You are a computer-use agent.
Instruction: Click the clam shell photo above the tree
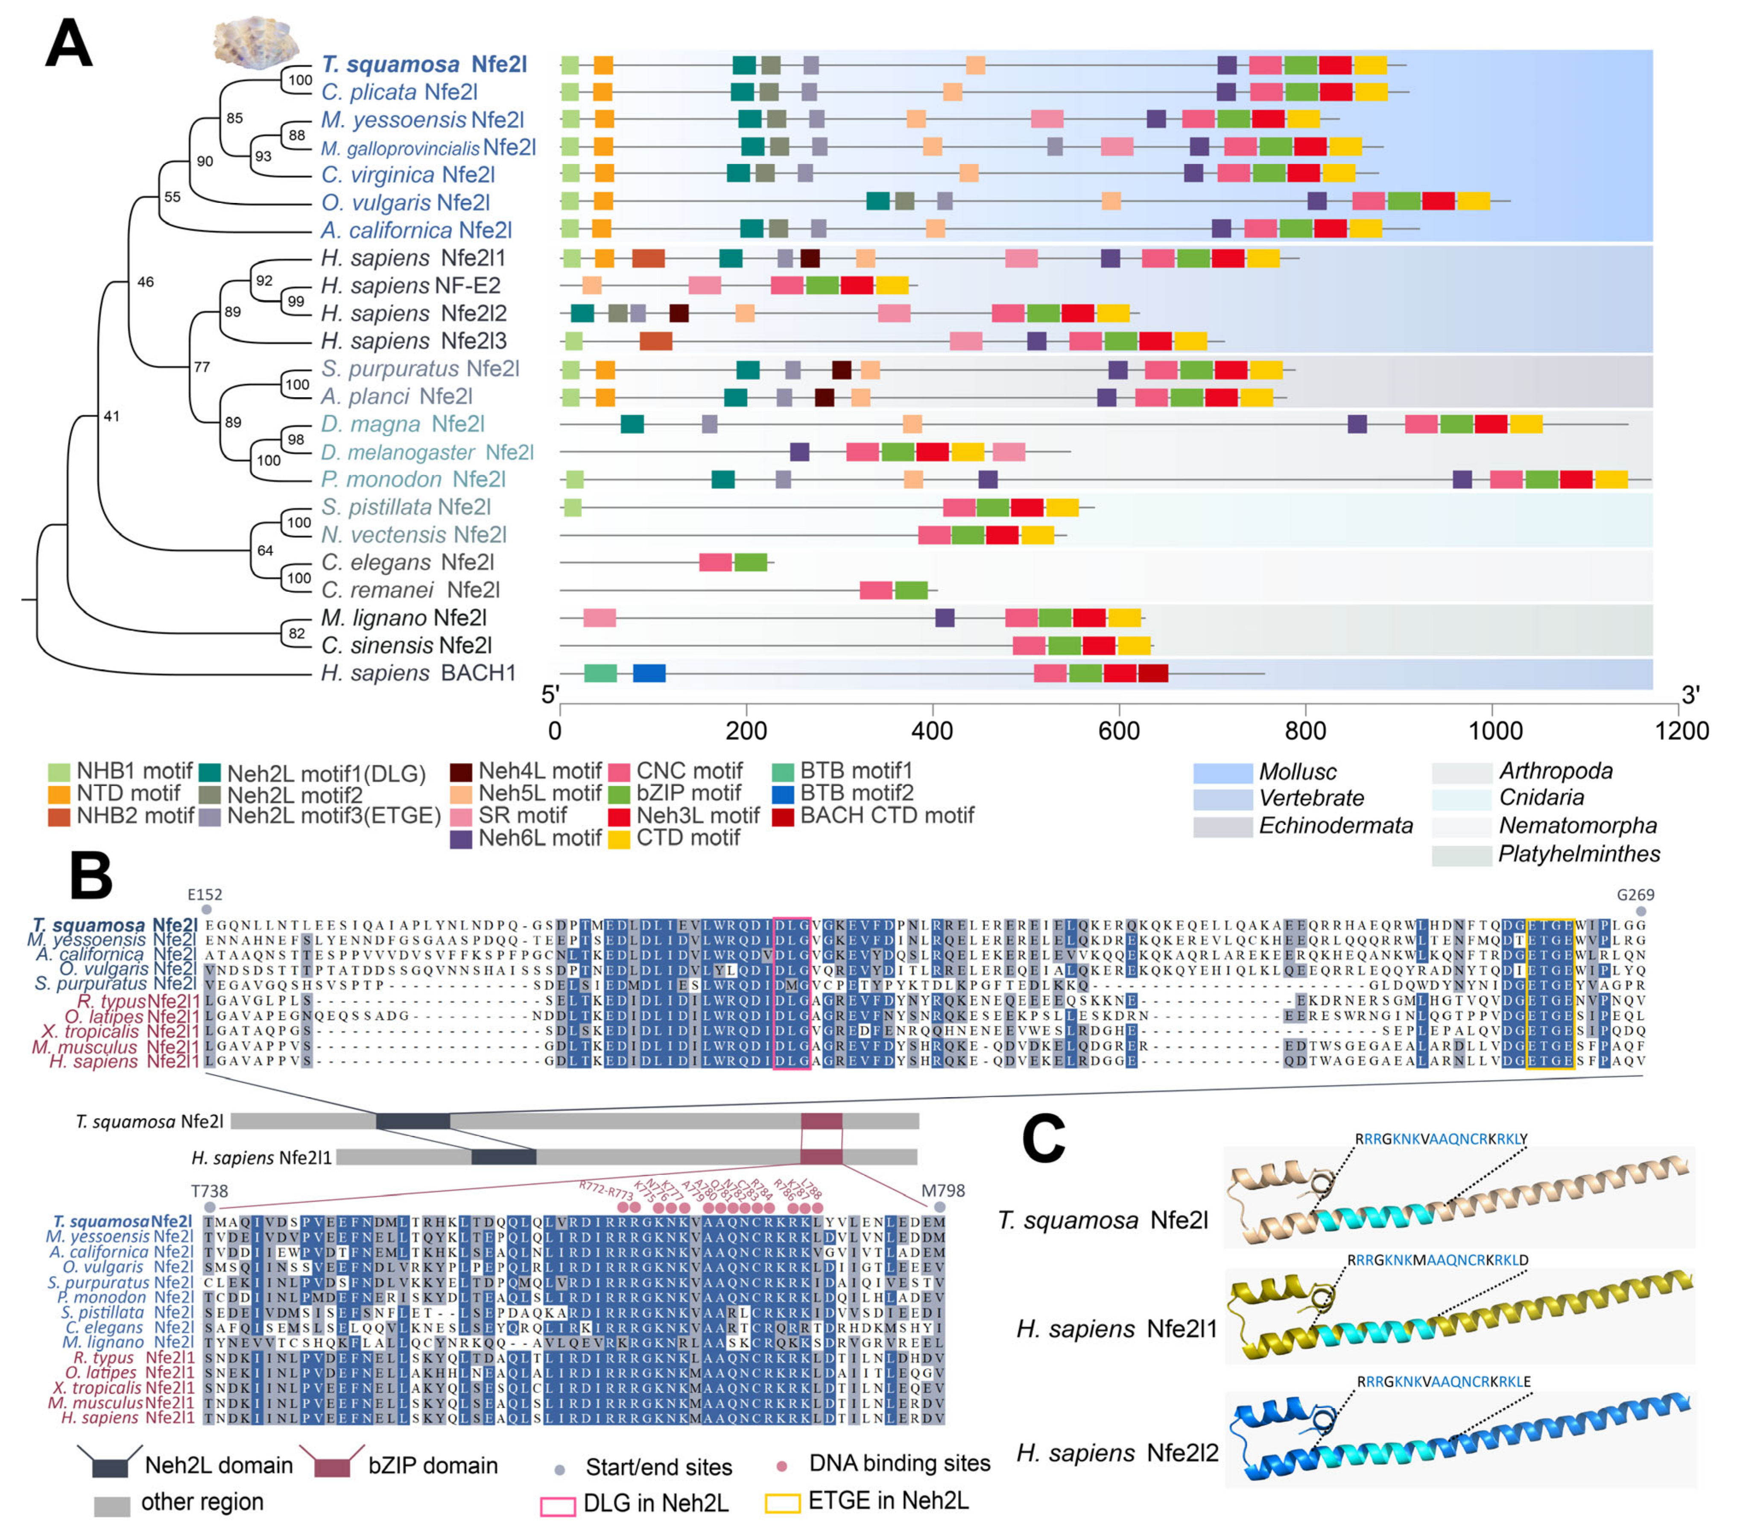[x=256, y=38]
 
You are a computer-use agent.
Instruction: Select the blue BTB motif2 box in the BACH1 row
[x=649, y=673]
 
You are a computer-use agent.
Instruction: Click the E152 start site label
[x=205, y=895]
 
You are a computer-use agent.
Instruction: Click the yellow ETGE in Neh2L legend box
[x=782, y=1502]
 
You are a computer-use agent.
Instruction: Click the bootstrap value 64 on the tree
[x=265, y=550]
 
